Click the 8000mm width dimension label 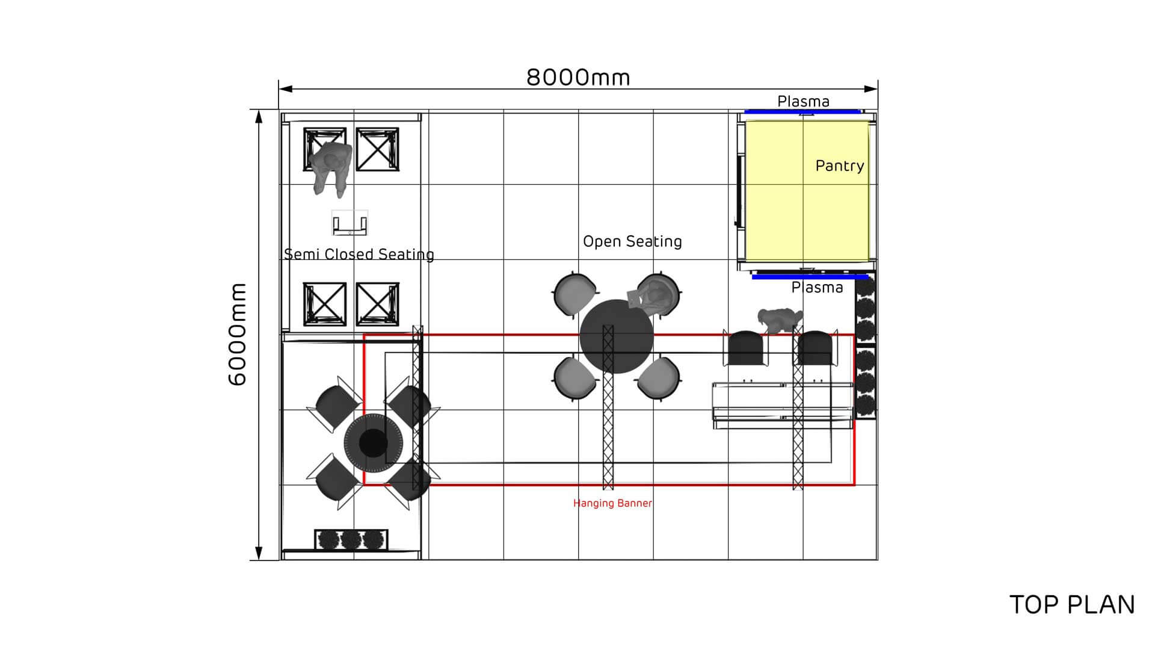coord(578,78)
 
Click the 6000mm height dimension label coord(238,334)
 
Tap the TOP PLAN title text coord(1071,605)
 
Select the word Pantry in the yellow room coord(839,166)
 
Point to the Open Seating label coord(632,241)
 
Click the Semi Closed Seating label coord(359,255)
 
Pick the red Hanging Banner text coord(612,503)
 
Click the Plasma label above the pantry coord(803,101)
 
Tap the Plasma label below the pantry coord(817,288)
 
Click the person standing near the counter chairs coord(780,320)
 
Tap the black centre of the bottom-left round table coord(373,443)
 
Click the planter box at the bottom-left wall coord(351,539)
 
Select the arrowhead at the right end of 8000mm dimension coord(871,89)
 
